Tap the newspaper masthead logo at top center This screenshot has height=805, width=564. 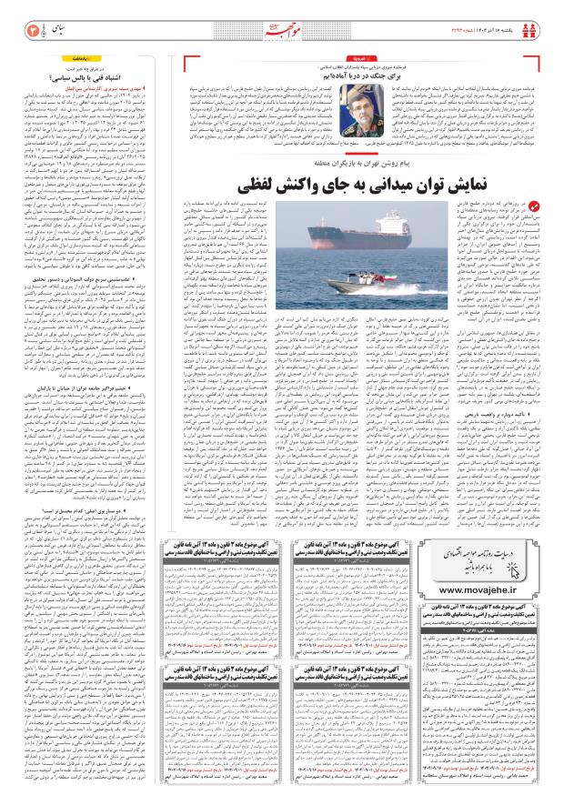pos(281,19)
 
